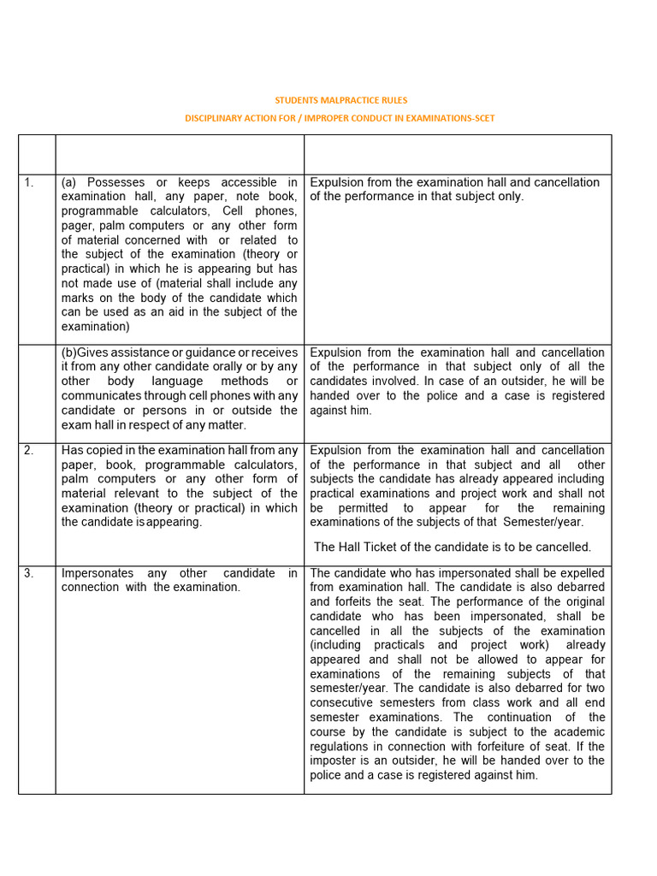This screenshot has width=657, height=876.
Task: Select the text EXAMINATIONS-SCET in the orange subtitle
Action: pyautogui.click(x=449, y=118)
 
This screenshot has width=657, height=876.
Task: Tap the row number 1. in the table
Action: pyautogui.click(x=29, y=182)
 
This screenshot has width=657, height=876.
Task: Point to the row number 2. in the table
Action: pyautogui.click(x=29, y=450)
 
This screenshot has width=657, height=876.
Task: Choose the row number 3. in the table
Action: pyautogui.click(x=29, y=573)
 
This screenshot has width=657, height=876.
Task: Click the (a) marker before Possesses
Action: pyautogui.click(x=70, y=182)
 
